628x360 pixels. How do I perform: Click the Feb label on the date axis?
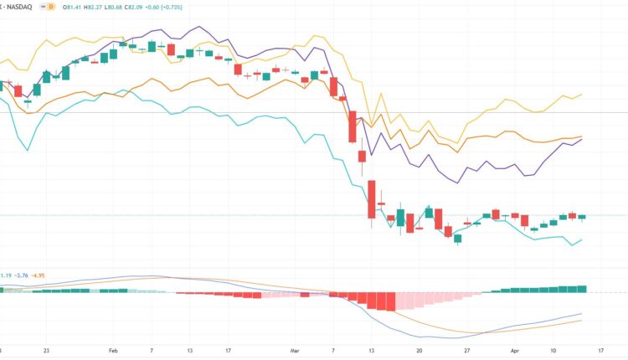pyautogui.click(x=113, y=352)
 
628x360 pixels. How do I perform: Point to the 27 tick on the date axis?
pyautogui.click(x=468, y=352)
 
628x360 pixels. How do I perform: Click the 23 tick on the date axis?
pyautogui.click(x=46, y=352)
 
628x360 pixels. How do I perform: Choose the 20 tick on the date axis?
pyautogui.click(x=420, y=352)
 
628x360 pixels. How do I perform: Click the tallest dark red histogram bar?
pyautogui.click(x=388, y=301)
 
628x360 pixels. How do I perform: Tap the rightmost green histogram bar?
pyautogui.click(x=582, y=289)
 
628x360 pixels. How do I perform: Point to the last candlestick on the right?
pyautogui.click(x=582, y=217)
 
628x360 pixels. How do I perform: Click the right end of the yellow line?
pyautogui.click(x=582, y=95)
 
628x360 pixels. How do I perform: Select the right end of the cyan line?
pyautogui.click(x=582, y=239)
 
